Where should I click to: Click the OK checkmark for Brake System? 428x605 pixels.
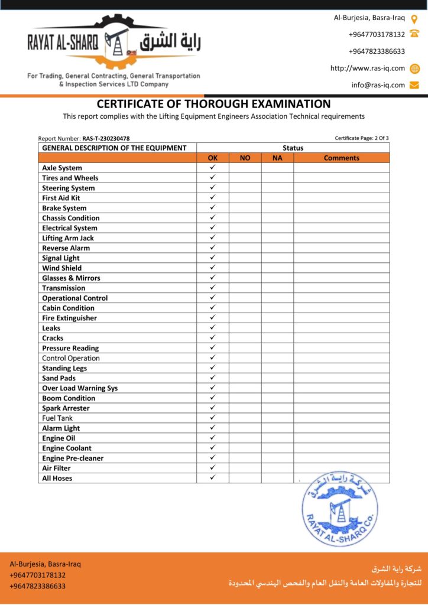pos(213,207)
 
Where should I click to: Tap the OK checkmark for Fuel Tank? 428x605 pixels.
pos(213,418)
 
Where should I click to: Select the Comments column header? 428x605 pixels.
pos(341,158)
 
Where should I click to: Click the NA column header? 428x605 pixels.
pos(277,158)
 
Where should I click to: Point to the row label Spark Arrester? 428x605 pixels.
pos(66,408)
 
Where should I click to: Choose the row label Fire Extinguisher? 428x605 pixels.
pos(69,318)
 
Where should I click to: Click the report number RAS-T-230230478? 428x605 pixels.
pos(106,138)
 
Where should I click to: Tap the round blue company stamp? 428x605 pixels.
pos(339,509)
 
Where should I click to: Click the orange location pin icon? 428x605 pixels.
pos(414,18)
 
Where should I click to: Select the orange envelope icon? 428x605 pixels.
pos(414,85)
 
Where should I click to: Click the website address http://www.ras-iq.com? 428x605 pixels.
pos(368,68)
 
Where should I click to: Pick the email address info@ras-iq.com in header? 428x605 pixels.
pos(378,85)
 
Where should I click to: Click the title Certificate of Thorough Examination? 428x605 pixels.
pos(214,104)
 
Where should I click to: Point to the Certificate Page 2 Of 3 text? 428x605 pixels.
pos(362,138)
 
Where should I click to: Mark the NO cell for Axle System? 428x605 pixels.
pos(245,168)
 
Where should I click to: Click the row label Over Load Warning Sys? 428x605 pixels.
pos(80,388)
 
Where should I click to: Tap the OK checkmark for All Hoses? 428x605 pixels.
pos(213,477)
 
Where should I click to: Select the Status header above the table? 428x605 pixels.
pos(293,148)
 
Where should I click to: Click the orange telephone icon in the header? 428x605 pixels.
pos(414,34)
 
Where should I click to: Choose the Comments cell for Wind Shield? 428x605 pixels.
pos(341,268)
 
